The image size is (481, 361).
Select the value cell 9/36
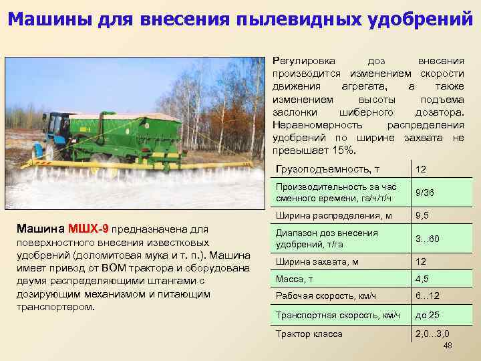(x=425, y=193)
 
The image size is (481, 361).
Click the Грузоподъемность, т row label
(x=319, y=168)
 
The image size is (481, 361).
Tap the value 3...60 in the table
(x=427, y=239)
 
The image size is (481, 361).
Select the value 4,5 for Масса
(x=422, y=279)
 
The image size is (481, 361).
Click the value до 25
(x=427, y=315)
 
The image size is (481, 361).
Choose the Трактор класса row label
(x=309, y=334)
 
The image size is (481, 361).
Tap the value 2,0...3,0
(x=432, y=334)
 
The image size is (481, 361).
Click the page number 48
(x=448, y=345)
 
